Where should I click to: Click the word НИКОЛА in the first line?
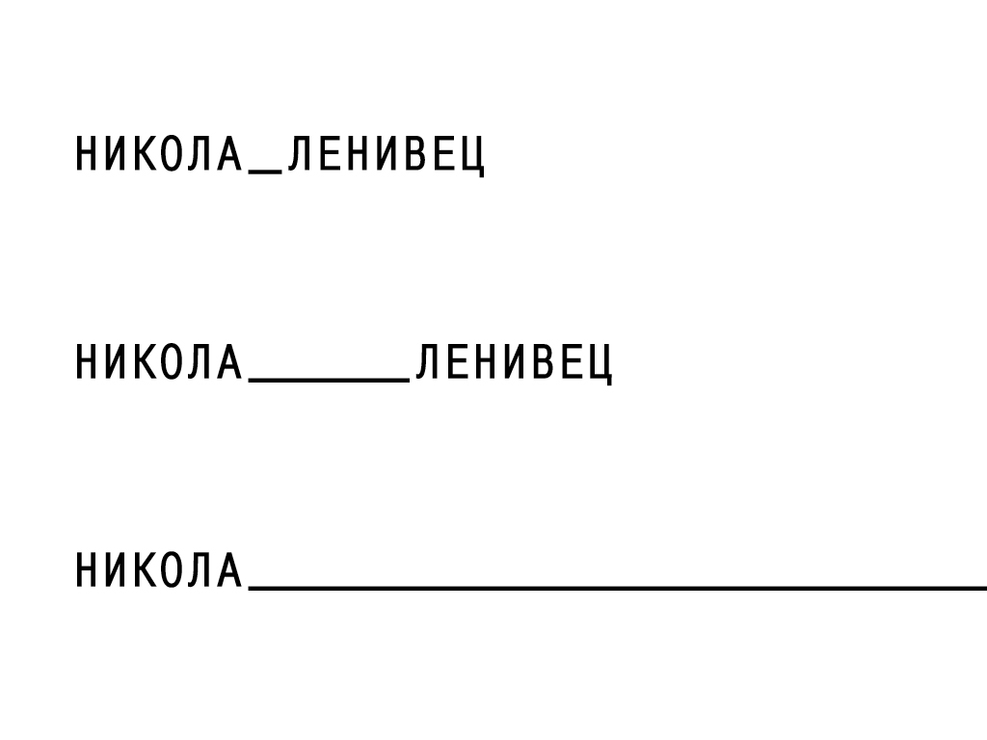158,155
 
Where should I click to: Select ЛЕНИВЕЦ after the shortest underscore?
387,155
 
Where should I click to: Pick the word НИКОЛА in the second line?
158,363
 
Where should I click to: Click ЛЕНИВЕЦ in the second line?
514,363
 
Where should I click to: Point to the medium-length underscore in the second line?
329,380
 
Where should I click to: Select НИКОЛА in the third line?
158,570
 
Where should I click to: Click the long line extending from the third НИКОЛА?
617,586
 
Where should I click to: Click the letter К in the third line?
145,570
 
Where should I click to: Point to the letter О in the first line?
173,155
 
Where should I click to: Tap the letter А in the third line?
228,570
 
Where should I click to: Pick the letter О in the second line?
173,363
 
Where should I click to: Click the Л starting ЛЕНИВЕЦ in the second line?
428,363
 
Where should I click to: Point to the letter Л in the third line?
200,570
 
